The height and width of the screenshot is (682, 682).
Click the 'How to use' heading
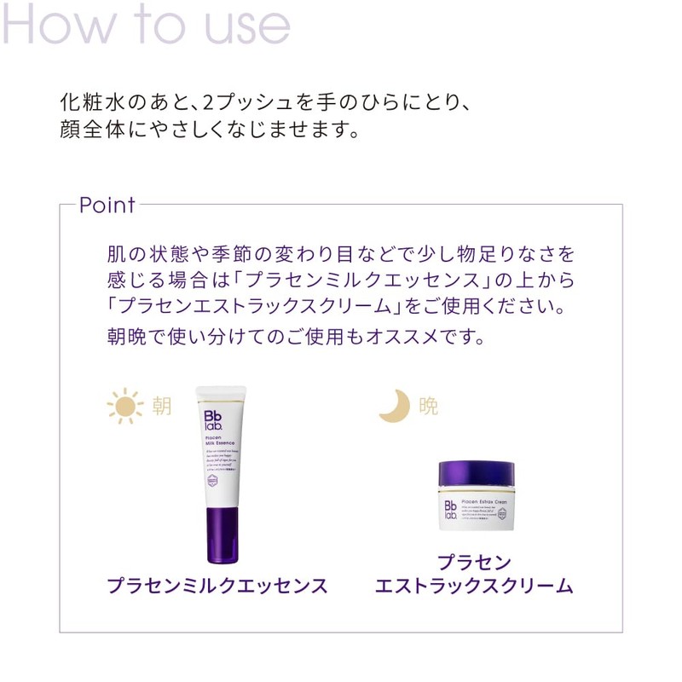coord(146,26)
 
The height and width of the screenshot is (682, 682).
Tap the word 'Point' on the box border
coord(107,205)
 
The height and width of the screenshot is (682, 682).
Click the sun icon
coord(124,407)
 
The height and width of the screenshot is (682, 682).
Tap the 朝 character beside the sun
coord(162,407)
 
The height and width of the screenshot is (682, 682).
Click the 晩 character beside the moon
coord(428,407)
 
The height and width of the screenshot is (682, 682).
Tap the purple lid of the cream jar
coord(477,474)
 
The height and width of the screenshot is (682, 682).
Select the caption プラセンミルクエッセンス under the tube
coord(217,586)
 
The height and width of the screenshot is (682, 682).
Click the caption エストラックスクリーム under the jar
coord(474,587)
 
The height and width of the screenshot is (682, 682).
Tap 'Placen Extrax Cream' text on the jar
coord(483,502)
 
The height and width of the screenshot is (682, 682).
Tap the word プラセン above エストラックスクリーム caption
coord(474,563)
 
